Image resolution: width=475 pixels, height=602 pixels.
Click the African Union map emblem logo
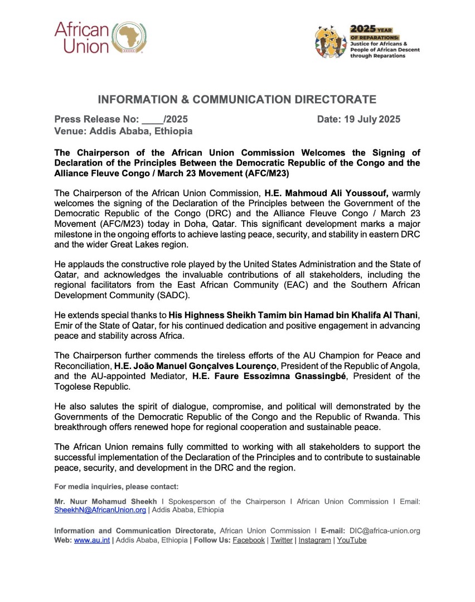pyautogui.click(x=129, y=38)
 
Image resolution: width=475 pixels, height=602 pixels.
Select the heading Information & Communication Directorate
pyautogui.click(x=237, y=100)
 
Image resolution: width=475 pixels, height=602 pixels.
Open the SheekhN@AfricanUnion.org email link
pyautogui.click(x=100, y=509)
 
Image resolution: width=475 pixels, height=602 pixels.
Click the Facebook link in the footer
pyautogui.click(x=249, y=540)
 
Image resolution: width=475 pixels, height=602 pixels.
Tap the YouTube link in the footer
pyautogui.click(x=352, y=540)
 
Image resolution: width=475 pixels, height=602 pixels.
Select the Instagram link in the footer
pyautogui.click(x=314, y=540)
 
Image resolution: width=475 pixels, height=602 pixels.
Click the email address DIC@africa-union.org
pyautogui.click(x=385, y=531)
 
